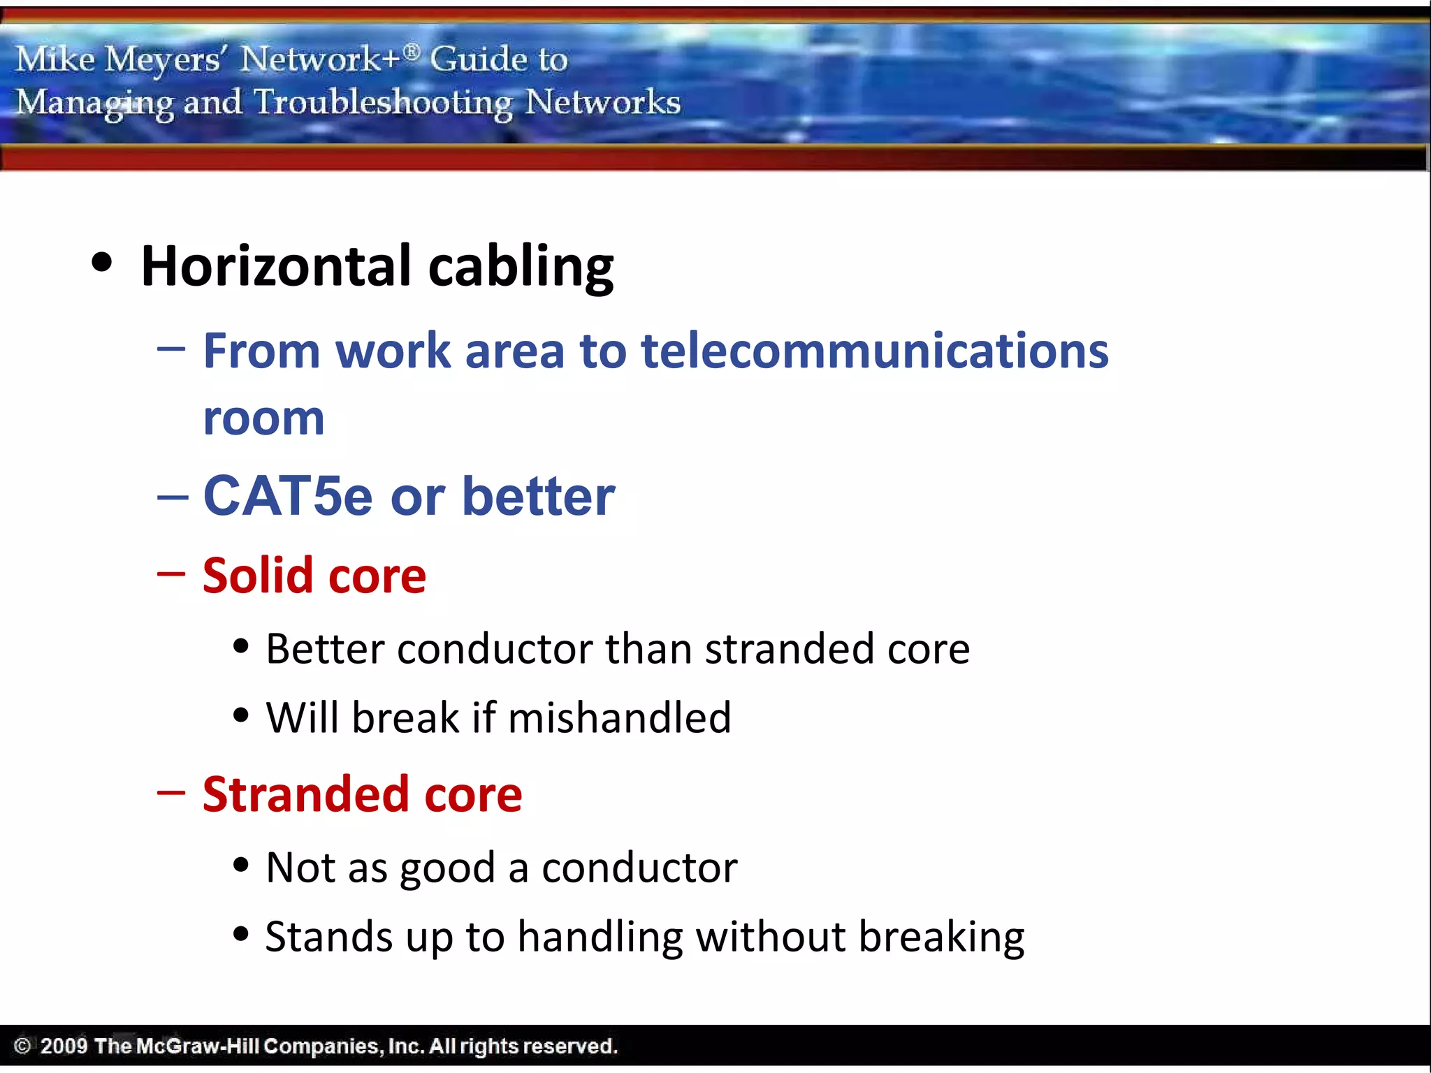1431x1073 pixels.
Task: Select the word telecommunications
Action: [x=874, y=351]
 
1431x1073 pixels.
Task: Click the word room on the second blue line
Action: [x=263, y=418]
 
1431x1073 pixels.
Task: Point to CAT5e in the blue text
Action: [x=288, y=496]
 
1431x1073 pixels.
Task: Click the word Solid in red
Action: [x=257, y=576]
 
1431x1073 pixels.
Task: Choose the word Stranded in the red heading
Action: [x=305, y=794]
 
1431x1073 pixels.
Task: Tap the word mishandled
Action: [x=620, y=717]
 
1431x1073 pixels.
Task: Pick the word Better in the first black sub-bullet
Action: [x=325, y=649]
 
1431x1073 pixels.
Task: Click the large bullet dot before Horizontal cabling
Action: [x=102, y=263]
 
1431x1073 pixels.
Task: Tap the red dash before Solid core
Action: [x=171, y=574]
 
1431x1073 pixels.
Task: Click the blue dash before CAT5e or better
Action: [x=172, y=497]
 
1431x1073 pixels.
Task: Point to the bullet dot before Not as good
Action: [x=241, y=865]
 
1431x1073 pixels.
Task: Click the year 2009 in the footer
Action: [x=64, y=1046]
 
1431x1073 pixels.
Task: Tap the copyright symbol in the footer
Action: [x=22, y=1046]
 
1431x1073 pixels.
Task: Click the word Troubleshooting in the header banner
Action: [x=384, y=103]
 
